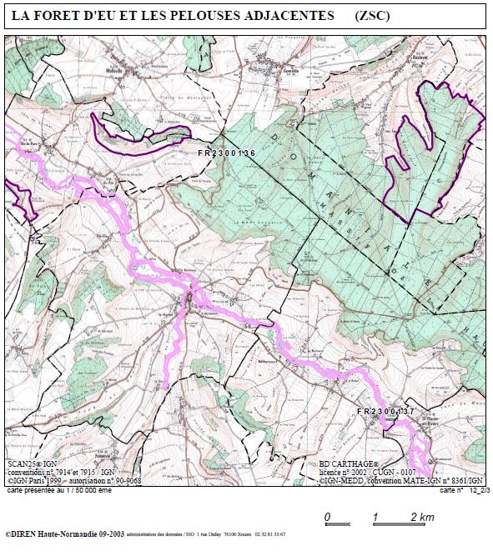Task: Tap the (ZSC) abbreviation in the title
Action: [372, 16]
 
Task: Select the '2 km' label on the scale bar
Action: [422, 517]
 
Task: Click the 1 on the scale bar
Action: [375, 517]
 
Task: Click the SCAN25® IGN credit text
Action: [33, 463]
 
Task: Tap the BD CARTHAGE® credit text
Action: [349, 463]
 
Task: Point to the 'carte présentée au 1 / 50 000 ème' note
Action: [58, 491]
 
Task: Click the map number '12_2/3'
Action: [471, 491]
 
